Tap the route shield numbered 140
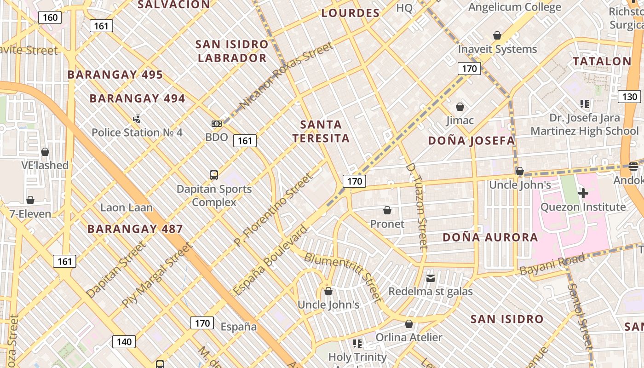pyautogui.click(x=124, y=342)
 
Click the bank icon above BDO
pyautogui.click(x=217, y=124)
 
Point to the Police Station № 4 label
pyautogui.click(x=137, y=132)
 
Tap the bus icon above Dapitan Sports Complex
pyautogui.click(x=214, y=175)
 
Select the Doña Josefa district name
pyautogui.click(x=471, y=141)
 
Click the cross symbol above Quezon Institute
pyautogui.click(x=583, y=193)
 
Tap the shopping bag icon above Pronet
pyautogui.click(x=387, y=211)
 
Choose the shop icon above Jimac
pyautogui.click(x=460, y=107)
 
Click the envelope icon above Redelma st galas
pyautogui.click(x=431, y=278)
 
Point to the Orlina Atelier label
pyautogui.click(x=409, y=337)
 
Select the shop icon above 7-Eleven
pyautogui.click(x=30, y=200)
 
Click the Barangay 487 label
pyautogui.click(x=135, y=229)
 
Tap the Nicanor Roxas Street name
pyautogui.click(x=286, y=76)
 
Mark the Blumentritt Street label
pyautogui.click(x=343, y=278)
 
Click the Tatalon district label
pyautogui.click(x=602, y=61)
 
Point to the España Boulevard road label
pyautogui.click(x=270, y=261)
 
